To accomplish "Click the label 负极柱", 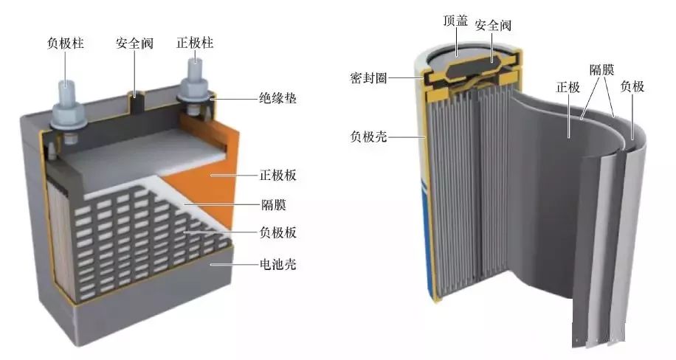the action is (x=66, y=43).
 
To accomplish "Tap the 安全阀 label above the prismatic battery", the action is (x=134, y=43).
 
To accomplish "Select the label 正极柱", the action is (x=195, y=43).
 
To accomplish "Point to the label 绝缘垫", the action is (x=277, y=98).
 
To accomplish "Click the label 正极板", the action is (x=277, y=175).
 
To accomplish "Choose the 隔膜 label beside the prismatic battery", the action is (x=274, y=204).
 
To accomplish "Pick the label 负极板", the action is (x=277, y=232).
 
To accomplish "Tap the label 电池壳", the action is (x=277, y=264).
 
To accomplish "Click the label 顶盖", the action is (x=455, y=20).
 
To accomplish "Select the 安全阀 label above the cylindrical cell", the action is (x=493, y=25).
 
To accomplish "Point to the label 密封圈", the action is (x=368, y=78).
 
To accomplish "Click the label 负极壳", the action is (x=368, y=136).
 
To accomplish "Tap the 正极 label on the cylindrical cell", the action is (x=568, y=88).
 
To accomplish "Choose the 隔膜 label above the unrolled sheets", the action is (x=602, y=69).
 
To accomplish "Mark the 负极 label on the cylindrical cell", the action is (x=632, y=86).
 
